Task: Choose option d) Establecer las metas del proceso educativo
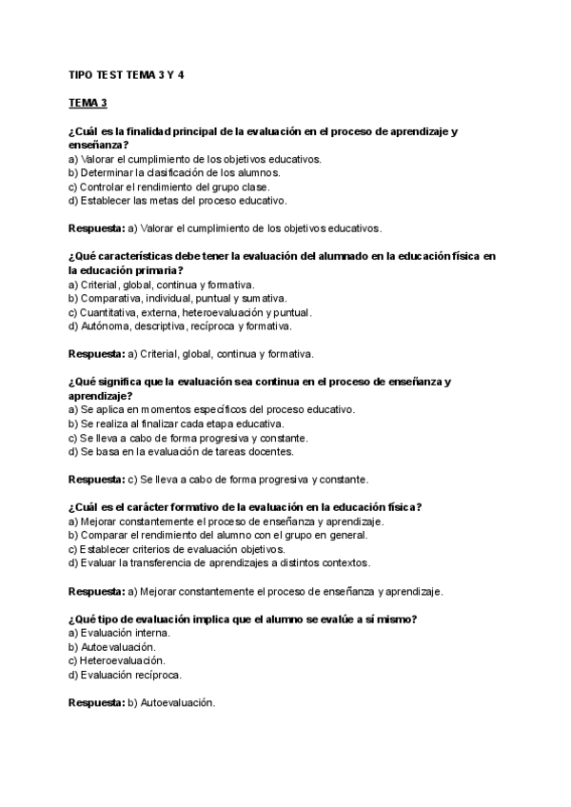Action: point(177,201)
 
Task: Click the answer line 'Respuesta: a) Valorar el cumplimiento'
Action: point(225,228)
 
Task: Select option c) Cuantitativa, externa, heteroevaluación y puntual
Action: point(190,312)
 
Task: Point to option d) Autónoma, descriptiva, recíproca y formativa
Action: point(180,325)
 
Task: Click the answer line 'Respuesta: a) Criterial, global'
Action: point(190,354)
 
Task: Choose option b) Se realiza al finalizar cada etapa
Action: point(183,423)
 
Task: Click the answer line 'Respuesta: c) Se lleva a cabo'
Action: point(219,479)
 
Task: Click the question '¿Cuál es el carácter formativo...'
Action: point(246,506)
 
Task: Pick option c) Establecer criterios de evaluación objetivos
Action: point(177,549)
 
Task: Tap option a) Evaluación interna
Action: point(119,632)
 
